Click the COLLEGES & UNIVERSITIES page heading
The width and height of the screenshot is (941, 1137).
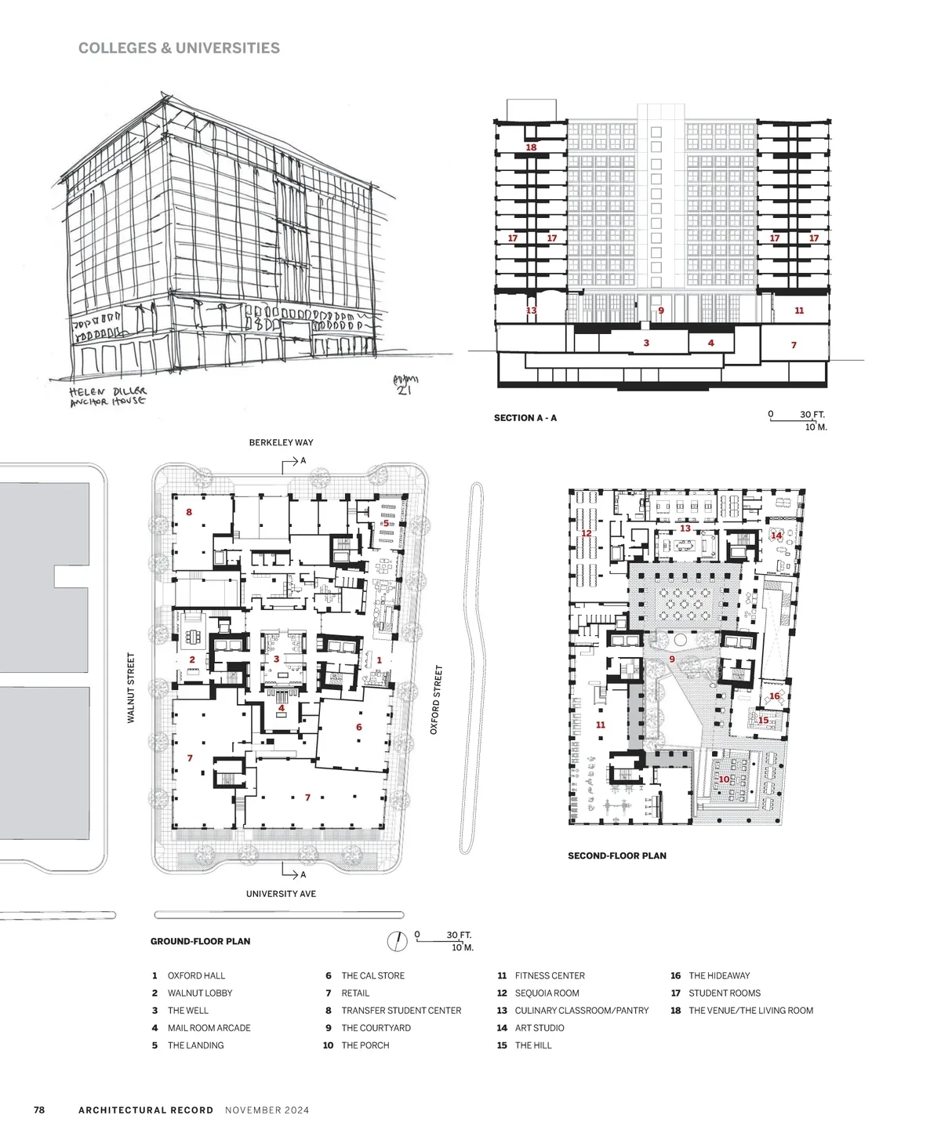click(x=179, y=48)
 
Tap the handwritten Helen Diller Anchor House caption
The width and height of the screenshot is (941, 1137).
click(x=108, y=397)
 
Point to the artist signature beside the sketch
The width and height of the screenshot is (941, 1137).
click(x=405, y=384)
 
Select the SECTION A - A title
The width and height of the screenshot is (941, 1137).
click(x=525, y=418)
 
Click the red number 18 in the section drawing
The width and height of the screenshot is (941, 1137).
click(x=531, y=147)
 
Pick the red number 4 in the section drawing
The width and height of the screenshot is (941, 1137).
click(x=710, y=343)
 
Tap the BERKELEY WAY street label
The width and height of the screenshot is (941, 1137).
click(x=281, y=442)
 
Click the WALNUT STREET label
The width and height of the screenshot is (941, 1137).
click(x=131, y=688)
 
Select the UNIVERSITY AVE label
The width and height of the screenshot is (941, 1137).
click(x=281, y=894)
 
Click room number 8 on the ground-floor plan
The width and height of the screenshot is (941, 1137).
click(x=189, y=512)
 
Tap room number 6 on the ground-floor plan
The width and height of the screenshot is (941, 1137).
click(x=359, y=727)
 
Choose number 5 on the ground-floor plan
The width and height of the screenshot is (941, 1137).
click(x=386, y=523)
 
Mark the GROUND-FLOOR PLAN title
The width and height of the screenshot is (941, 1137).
click(x=201, y=941)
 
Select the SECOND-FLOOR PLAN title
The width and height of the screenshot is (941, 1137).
click(x=617, y=855)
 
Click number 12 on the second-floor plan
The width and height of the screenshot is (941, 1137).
click(x=586, y=533)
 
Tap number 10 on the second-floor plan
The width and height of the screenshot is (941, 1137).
click(x=724, y=779)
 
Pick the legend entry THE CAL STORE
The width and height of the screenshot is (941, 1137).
click(x=373, y=975)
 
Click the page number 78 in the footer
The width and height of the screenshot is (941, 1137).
click(x=39, y=1110)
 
